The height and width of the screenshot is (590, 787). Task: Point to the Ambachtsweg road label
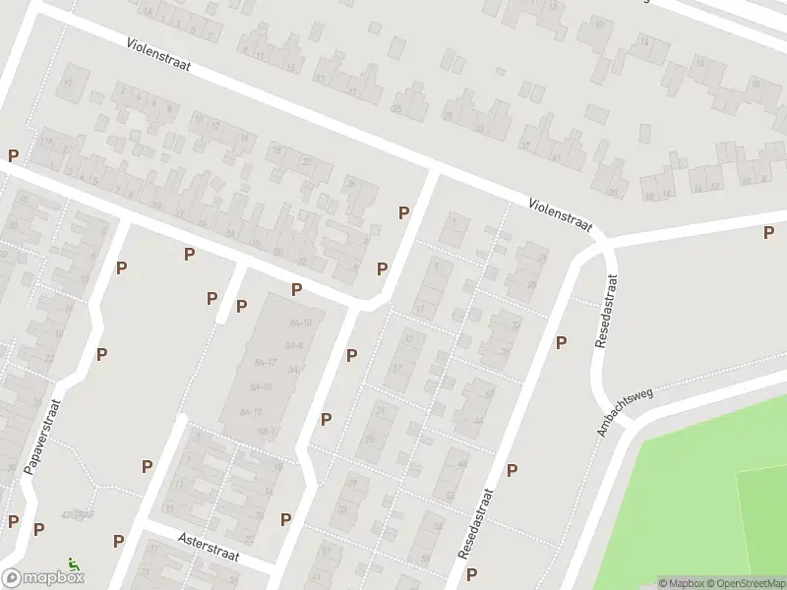[625, 412]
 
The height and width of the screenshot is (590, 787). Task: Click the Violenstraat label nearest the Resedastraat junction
[562, 215]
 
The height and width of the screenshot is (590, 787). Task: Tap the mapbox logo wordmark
[44, 578]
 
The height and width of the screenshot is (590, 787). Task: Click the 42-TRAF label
[77, 514]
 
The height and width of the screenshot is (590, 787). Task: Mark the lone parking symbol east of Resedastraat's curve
[768, 232]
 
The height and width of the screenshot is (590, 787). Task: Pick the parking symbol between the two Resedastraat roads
[561, 342]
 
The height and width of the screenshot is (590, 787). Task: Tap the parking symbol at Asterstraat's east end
[285, 519]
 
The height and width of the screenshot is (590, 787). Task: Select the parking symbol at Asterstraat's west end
[118, 540]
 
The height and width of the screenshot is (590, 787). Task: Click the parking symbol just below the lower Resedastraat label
[472, 574]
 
